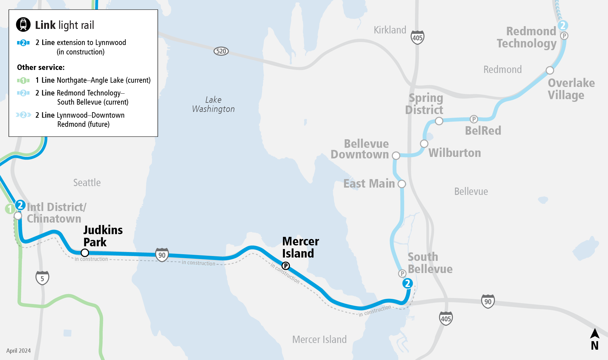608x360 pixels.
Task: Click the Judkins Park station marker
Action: point(85,253)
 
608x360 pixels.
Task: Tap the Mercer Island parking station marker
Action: point(286,266)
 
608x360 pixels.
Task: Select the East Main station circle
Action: point(402,184)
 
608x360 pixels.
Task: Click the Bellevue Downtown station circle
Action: point(396,156)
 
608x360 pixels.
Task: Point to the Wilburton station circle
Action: point(424,144)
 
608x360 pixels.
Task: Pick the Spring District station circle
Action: point(439,121)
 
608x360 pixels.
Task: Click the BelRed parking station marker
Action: point(474,119)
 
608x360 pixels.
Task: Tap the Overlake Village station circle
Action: point(550,70)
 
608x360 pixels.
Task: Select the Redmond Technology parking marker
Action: point(564,36)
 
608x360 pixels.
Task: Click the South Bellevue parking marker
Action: point(402,273)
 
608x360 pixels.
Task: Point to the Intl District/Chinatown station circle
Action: point(18,216)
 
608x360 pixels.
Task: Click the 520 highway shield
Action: point(221,51)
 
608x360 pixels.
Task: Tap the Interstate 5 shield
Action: point(42,278)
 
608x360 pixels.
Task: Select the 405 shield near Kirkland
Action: point(417,37)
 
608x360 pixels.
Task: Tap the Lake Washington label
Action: point(213,104)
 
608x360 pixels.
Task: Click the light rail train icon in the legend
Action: point(23,25)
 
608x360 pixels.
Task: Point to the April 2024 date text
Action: point(19,351)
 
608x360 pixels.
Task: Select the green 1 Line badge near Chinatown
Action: point(10,209)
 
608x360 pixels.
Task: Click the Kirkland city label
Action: point(390,30)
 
